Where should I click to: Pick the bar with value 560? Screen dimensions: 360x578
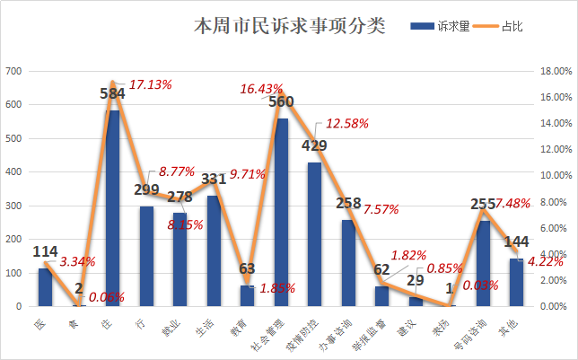282,212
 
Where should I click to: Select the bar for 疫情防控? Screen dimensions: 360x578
315,234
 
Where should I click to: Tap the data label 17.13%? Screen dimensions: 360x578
151,83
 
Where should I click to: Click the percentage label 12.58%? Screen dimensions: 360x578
347,124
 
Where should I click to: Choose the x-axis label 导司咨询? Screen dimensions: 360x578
476,328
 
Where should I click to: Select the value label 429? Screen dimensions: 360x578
314,145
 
